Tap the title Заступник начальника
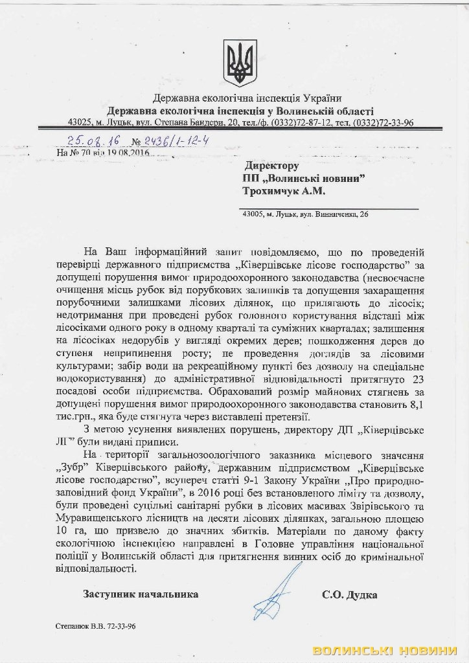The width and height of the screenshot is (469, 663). click(x=141, y=594)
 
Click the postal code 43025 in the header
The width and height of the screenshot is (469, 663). click(x=81, y=122)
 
